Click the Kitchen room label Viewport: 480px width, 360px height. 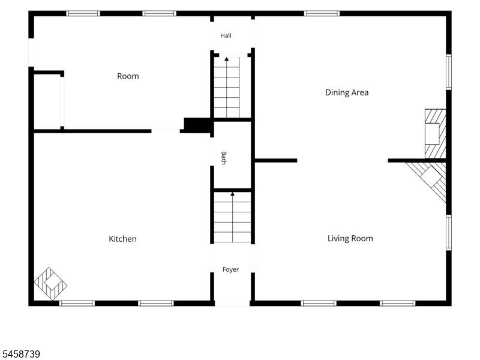(122, 239)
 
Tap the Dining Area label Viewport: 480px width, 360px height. (347, 92)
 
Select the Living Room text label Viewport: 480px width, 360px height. (350, 238)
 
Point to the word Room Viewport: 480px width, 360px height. (128, 76)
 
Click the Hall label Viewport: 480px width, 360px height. (226, 35)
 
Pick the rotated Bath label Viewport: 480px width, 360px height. (224, 158)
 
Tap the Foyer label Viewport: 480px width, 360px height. (230, 269)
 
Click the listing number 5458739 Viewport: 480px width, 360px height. (20, 354)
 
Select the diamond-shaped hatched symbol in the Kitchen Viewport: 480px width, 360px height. (50, 284)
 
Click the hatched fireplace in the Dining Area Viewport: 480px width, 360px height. (436, 133)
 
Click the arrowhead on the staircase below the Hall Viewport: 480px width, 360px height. (227, 59)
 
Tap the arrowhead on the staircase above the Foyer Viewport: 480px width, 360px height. (233, 194)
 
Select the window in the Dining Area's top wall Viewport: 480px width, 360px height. (322, 13)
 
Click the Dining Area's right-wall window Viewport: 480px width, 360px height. (449, 72)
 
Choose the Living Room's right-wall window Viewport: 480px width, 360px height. (449, 233)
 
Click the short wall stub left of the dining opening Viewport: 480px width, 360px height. (276, 160)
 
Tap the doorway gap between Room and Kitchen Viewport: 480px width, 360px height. (166, 131)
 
